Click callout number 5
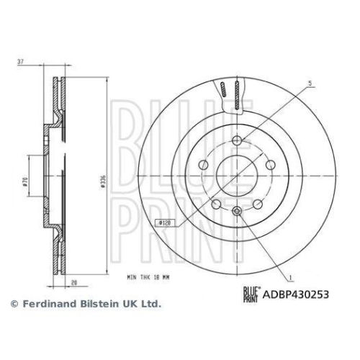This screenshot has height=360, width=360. coord(310,84)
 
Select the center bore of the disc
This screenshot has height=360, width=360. coord(238,176)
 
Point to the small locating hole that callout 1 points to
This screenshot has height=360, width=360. coord(238,211)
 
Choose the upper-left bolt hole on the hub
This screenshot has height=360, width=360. coord(205,165)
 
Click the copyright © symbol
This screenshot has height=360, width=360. coord(14,304)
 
